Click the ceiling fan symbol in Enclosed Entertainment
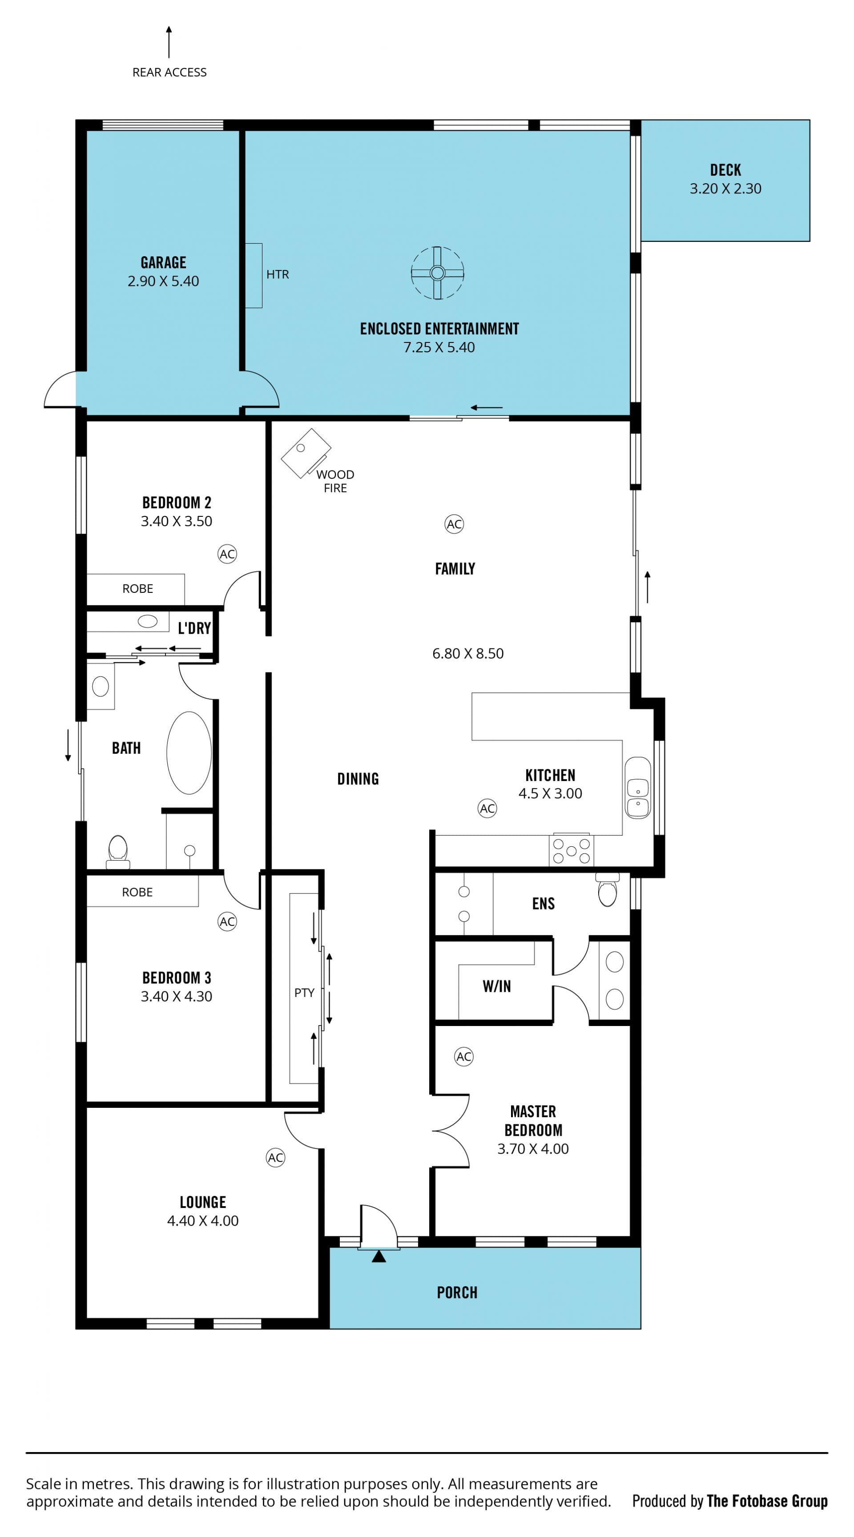point(437,273)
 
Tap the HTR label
point(278,274)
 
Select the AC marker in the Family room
point(454,524)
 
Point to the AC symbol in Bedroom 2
point(227,554)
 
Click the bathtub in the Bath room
point(189,752)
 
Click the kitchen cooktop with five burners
point(571,850)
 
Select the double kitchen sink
point(637,788)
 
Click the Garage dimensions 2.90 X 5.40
point(163,281)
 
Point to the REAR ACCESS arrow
point(169,42)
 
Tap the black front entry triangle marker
point(379,1256)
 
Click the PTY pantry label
point(304,992)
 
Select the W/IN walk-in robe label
point(496,986)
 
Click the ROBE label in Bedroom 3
point(137,892)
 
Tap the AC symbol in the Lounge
point(275,1158)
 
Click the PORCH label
point(457,1292)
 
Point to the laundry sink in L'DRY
point(147,621)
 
